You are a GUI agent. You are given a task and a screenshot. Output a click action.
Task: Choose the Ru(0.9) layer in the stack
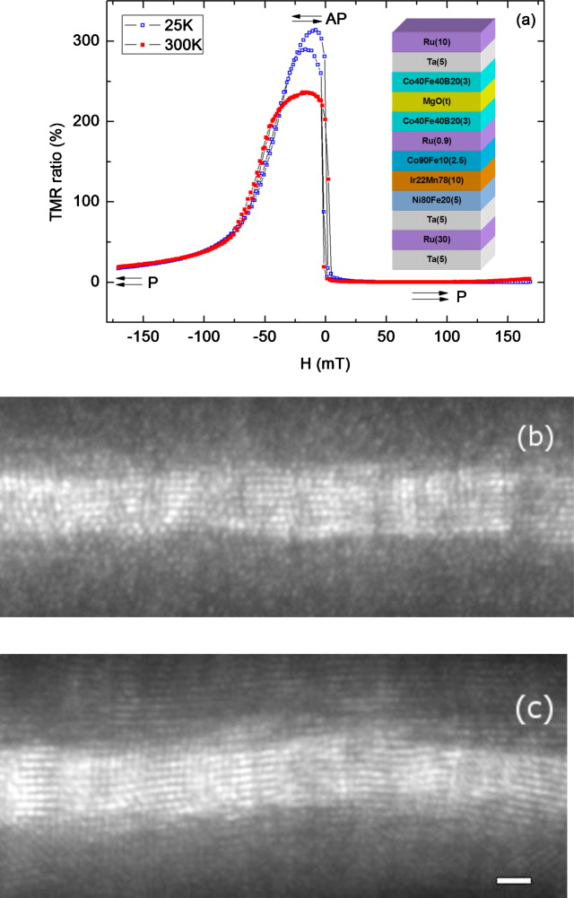click(437, 141)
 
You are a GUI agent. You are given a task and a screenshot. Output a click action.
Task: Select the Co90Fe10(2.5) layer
click(437, 161)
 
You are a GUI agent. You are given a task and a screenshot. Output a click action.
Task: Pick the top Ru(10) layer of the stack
click(437, 42)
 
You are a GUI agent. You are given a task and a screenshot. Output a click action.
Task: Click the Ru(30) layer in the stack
click(437, 240)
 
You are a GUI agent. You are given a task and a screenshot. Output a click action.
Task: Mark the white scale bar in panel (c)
click(514, 880)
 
